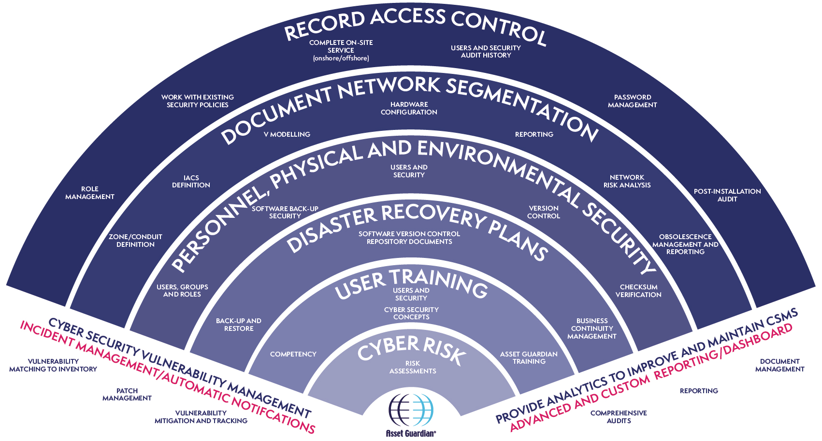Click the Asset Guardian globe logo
pyautogui.click(x=411, y=410)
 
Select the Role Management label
pyautogui.click(x=90, y=193)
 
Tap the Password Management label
pyautogui.click(x=632, y=101)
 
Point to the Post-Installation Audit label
pyautogui.click(x=727, y=195)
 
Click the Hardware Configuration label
pyautogui.click(x=409, y=108)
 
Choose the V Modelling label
pyautogui.click(x=287, y=134)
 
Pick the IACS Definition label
pyautogui.click(x=191, y=182)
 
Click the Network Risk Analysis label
pyautogui.click(x=627, y=181)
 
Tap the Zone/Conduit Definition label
pyautogui.click(x=135, y=241)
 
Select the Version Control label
pyautogui.click(x=543, y=212)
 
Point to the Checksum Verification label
pyautogui.click(x=638, y=291)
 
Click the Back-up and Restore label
pyautogui.click(x=239, y=325)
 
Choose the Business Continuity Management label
pyautogui.click(x=591, y=328)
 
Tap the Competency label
pyautogui.click(x=293, y=354)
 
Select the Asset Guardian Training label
pyautogui.click(x=529, y=358)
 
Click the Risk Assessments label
pyautogui.click(x=413, y=367)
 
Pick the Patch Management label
pyautogui.click(x=127, y=394)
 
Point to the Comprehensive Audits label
pyautogui.click(x=619, y=417)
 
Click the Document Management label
pyautogui.click(x=779, y=365)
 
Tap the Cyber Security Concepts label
pyautogui.click(x=411, y=313)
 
